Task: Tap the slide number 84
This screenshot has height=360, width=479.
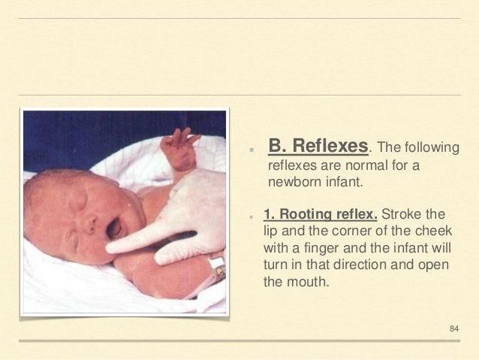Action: pyautogui.click(x=453, y=328)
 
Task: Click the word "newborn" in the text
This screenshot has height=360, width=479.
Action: pyautogui.click(x=292, y=181)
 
